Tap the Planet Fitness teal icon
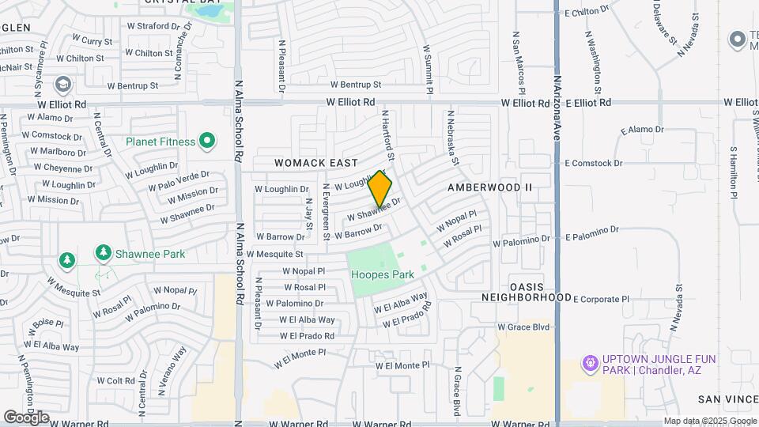click(208, 142)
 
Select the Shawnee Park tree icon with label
click(103, 253)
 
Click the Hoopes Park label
click(382, 274)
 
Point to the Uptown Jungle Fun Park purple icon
click(588, 364)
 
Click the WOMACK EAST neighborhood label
click(316, 163)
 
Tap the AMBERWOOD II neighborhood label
click(490, 187)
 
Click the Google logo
click(26, 417)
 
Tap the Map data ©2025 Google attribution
click(709, 421)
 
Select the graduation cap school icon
click(62, 83)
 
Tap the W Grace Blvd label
click(523, 326)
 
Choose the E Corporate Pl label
click(600, 300)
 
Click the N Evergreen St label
click(326, 211)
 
